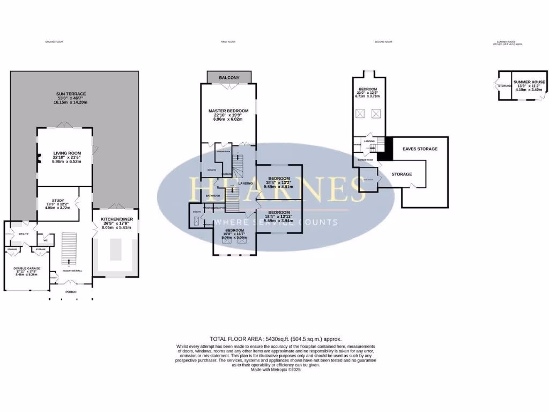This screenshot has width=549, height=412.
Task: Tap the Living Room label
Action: (x=63, y=153)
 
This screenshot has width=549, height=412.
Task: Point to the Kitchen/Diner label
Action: (x=116, y=219)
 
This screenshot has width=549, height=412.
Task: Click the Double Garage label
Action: (x=27, y=269)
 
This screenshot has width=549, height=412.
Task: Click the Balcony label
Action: (x=229, y=78)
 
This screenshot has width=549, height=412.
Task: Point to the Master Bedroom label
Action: (x=228, y=111)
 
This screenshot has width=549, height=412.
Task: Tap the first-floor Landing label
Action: (x=245, y=183)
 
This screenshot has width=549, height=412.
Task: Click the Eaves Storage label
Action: (x=420, y=149)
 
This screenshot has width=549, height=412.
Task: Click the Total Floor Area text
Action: (x=275, y=339)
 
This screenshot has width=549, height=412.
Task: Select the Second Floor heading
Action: (x=383, y=41)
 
